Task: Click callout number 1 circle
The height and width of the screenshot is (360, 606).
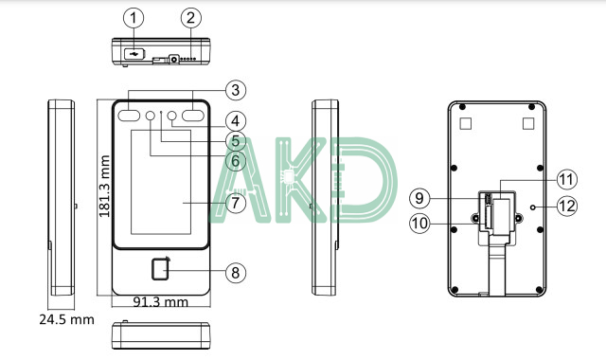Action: click(x=134, y=18)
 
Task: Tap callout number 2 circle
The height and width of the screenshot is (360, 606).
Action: click(x=191, y=18)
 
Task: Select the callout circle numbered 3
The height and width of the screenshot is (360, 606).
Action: click(x=236, y=90)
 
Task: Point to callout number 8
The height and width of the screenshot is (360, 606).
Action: click(x=236, y=273)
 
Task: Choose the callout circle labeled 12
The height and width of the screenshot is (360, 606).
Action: click(x=567, y=206)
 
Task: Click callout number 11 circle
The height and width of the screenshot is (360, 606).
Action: click(x=567, y=179)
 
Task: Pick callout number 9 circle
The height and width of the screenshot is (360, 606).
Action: click(x=419, y=198)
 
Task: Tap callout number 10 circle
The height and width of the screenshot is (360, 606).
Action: click(x=419, y=224)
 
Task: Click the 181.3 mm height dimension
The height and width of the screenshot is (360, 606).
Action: click(x=104, y=186)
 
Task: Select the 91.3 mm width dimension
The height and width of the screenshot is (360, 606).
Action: click(x=160, y=301)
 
